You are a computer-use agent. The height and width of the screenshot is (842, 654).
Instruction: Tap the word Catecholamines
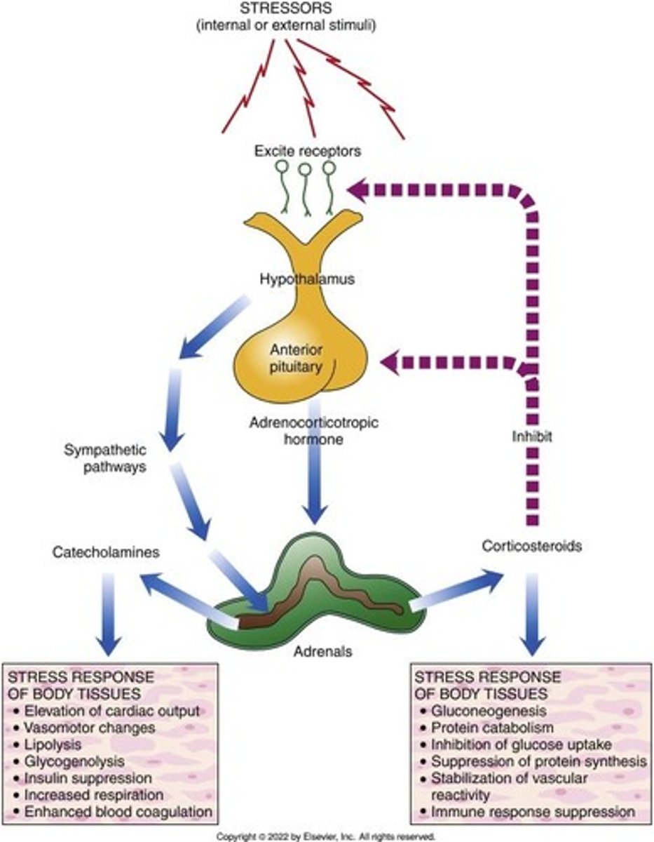[106, 552]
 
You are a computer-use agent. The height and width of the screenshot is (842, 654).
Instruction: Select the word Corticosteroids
[532, 545]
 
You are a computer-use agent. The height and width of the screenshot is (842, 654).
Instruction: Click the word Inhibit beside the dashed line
[531, 436]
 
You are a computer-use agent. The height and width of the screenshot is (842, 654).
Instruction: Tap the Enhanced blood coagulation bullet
[117, 811]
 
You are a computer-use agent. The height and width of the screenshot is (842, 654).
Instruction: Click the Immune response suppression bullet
[533, 811]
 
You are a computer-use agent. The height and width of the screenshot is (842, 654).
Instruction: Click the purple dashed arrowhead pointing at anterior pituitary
[391, 362]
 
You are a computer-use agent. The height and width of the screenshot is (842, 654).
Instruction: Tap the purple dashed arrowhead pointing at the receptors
[362, 187]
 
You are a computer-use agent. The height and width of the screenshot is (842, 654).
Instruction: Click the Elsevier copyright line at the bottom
[326, 836]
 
